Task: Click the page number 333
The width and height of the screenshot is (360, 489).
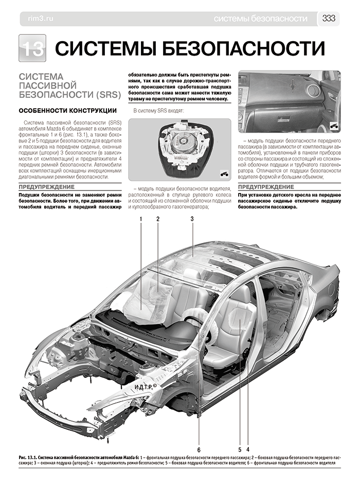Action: [x=329, y=19]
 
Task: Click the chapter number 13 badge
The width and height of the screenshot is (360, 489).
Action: [x=32, y=48]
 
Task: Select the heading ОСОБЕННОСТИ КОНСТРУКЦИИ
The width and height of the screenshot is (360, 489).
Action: [x=67, y=110]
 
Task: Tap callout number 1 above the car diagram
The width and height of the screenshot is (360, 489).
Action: [x=140, y=219]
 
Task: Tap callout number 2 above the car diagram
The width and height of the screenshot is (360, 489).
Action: [x=158, y=219]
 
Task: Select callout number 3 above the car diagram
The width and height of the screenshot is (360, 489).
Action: [x=191, y=219]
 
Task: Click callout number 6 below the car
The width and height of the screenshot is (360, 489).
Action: [x=199, y=441]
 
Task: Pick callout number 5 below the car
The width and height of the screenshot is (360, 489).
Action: [x=240, y=441]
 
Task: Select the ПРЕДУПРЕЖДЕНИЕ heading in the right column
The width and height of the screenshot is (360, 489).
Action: [x=266, y=187]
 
